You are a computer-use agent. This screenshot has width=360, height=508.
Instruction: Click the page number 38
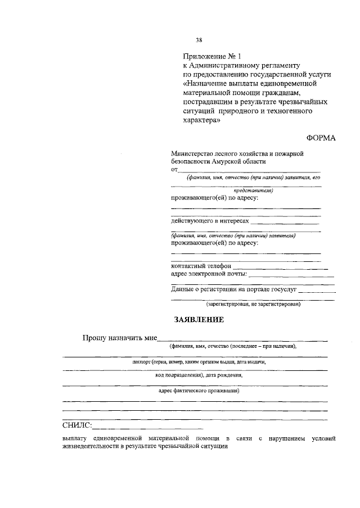pos(199,40)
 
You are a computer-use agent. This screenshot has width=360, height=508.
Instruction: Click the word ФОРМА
pos(321,138)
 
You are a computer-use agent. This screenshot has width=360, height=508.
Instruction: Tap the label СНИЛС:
pos(78,425)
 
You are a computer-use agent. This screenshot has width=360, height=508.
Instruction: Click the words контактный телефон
pos(201,266)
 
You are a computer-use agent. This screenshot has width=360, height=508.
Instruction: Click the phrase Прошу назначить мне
pos(119,338)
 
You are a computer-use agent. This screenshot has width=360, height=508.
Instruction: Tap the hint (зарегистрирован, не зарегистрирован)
pos(253,304)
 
